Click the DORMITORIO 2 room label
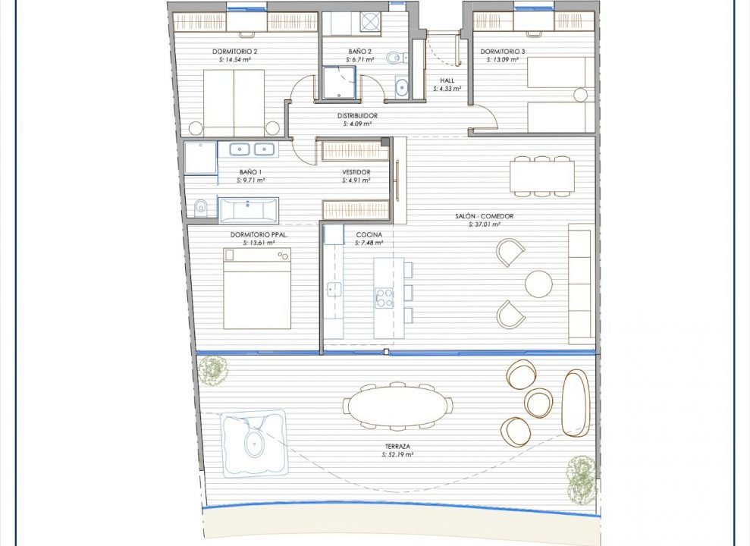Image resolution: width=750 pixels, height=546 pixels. click(235, 51)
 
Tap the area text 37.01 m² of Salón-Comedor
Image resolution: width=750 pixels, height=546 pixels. click(485, 224)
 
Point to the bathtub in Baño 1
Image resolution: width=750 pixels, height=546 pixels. click(248, 210)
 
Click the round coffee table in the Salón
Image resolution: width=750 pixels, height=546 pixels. click(538, 284)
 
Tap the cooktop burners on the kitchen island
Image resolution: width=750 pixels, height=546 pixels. click(384, 297)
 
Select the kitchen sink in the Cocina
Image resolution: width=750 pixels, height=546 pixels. click(334, 289)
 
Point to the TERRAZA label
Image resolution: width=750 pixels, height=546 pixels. click(397, 447)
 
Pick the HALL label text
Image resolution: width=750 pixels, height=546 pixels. click(447, 80)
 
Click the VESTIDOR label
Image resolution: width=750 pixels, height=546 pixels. click(356, 172)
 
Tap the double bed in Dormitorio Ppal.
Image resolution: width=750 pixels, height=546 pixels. click(257, 288)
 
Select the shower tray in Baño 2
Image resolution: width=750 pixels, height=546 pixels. click(340, 82)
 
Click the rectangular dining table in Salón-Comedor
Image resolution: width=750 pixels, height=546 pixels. click(542, 176)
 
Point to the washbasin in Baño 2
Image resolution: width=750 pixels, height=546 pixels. click(402, 87)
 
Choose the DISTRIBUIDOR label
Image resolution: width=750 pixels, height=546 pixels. click(357, 116)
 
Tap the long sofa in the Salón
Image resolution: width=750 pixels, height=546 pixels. click(579, 287)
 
